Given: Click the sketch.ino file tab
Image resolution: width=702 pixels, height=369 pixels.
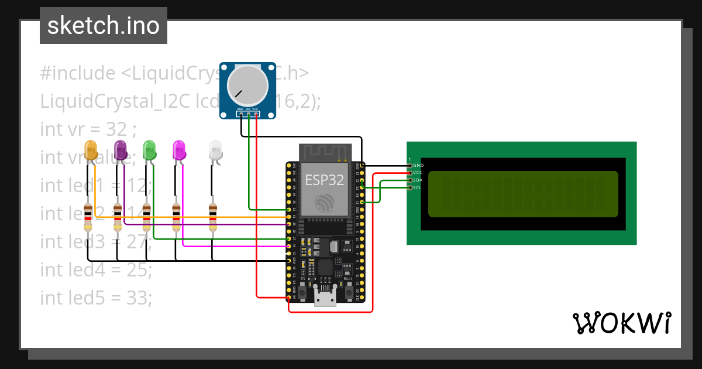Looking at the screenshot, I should pos(103,26).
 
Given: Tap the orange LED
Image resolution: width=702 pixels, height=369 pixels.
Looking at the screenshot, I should pos(91,151).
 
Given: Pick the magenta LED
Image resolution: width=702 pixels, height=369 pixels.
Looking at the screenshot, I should pos(179,151).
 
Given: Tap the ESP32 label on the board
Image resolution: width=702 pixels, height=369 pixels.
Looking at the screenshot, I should pos(324,180).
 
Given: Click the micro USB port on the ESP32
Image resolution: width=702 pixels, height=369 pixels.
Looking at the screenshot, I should pos(324,298).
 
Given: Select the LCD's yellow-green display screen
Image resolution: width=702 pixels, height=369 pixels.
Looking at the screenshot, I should pos(522,194).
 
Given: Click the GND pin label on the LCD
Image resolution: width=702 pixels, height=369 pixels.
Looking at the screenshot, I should pos(418,166).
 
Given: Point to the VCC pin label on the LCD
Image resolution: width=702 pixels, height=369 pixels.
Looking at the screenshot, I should pos(418,173).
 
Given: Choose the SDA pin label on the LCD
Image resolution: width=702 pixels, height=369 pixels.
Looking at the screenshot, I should pos(418,180).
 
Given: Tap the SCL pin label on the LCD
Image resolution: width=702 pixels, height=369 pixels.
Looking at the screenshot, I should pos(418,187).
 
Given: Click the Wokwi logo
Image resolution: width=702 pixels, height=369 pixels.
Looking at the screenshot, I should pos(621,323).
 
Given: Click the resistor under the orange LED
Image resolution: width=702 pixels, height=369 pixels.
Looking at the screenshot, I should pos(88,217).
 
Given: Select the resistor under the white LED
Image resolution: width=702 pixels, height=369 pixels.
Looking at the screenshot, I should pos(212,217).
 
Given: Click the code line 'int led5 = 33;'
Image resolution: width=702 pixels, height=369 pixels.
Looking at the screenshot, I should pos(96,298).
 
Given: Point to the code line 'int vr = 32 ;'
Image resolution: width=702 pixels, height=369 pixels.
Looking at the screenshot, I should pos(88,128).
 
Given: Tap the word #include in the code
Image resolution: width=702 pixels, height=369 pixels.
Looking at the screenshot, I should pos(78,73).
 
